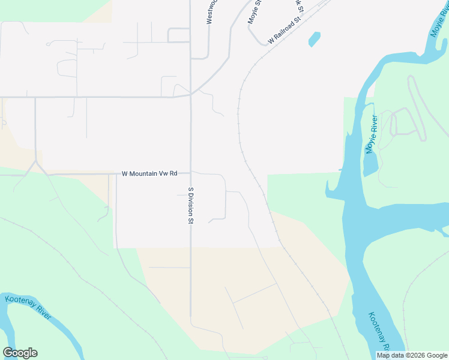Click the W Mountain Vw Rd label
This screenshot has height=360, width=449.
[149, 174]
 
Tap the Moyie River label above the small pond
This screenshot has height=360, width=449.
[371, 133]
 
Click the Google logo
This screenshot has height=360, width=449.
[20, 353]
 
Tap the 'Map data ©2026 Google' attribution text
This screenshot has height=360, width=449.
[411, 355]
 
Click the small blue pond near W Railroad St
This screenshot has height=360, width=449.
[314, 40]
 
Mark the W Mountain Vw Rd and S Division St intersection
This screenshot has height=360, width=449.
[191, 174]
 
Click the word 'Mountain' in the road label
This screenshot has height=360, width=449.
[147, 174]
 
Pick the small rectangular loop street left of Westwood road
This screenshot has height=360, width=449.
[179, 35]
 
